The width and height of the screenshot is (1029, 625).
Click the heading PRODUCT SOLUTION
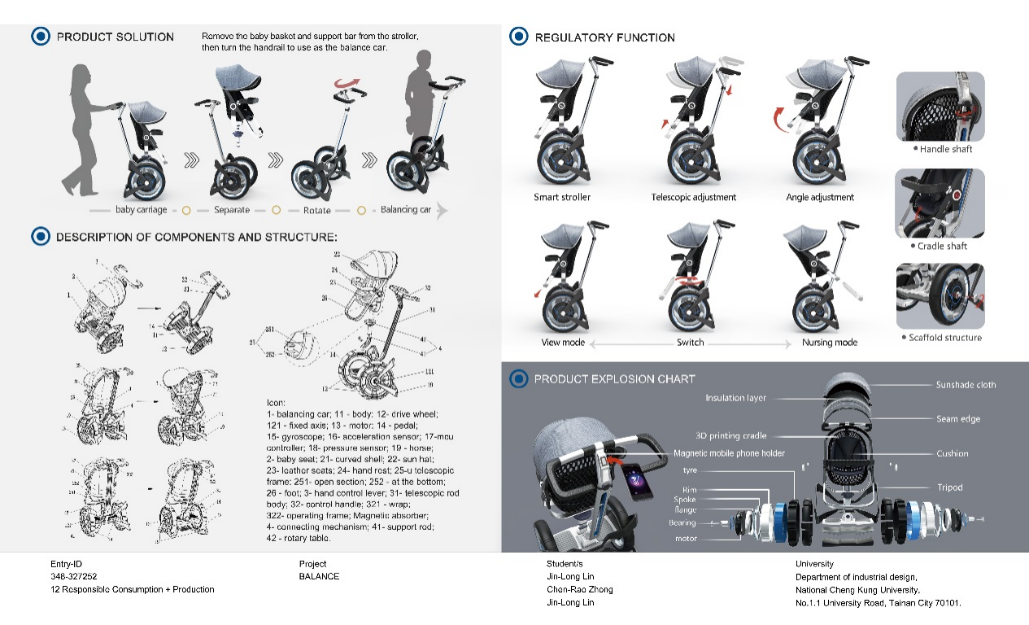(115, 37)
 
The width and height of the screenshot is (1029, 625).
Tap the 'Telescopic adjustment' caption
(694, 197)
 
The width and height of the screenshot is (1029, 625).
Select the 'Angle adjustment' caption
(820, 197)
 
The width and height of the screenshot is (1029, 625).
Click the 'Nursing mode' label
(829, 343)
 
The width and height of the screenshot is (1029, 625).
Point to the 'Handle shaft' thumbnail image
(940, 106)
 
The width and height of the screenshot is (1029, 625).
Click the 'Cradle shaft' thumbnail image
(940, 203)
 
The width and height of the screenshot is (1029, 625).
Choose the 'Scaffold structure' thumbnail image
(940, 295)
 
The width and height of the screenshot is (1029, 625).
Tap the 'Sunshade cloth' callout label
(966, 385)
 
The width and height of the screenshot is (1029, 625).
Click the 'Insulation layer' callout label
(735, 398)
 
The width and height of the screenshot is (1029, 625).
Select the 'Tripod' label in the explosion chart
(949, 487)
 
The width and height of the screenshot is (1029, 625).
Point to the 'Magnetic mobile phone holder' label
(729, 453)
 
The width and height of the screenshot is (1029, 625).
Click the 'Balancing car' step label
(405, 210)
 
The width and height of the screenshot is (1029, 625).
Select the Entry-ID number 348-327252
(73, 576)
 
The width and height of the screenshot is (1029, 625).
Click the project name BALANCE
(319, 576)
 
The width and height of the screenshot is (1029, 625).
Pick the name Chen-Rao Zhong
(579, 589)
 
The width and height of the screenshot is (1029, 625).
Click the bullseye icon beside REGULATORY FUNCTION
(518, 37)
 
